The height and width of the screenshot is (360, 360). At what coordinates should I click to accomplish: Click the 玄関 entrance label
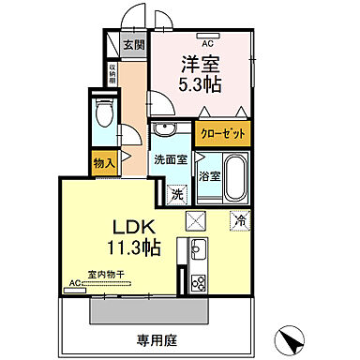click(x=134, y=43)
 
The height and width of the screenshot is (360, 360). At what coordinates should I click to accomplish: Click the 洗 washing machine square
click(x=177, y=194)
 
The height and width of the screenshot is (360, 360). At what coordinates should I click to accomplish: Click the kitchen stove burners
click(x=199, y=282)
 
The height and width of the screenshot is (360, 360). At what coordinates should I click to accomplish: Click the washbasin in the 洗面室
click(x=166, y=130)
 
